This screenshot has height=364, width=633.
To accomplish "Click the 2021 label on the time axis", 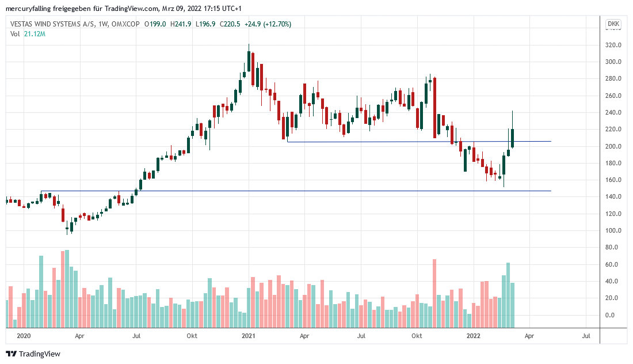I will [x=249, y=335].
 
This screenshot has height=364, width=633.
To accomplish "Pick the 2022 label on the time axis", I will [x=474, y=335].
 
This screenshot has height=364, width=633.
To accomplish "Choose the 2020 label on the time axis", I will [x=24, y=335].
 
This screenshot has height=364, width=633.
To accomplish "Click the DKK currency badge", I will [x=613, y=24].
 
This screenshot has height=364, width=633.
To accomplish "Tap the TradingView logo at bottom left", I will [x=33, y=354].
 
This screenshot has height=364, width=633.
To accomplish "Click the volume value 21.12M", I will [x=35, y=34].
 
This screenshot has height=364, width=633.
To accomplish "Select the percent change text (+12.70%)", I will [x=275, y=24].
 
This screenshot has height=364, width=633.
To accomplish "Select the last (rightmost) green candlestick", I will [x=512, y=138].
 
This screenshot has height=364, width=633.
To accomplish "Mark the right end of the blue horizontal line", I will [x=550, y=142].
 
